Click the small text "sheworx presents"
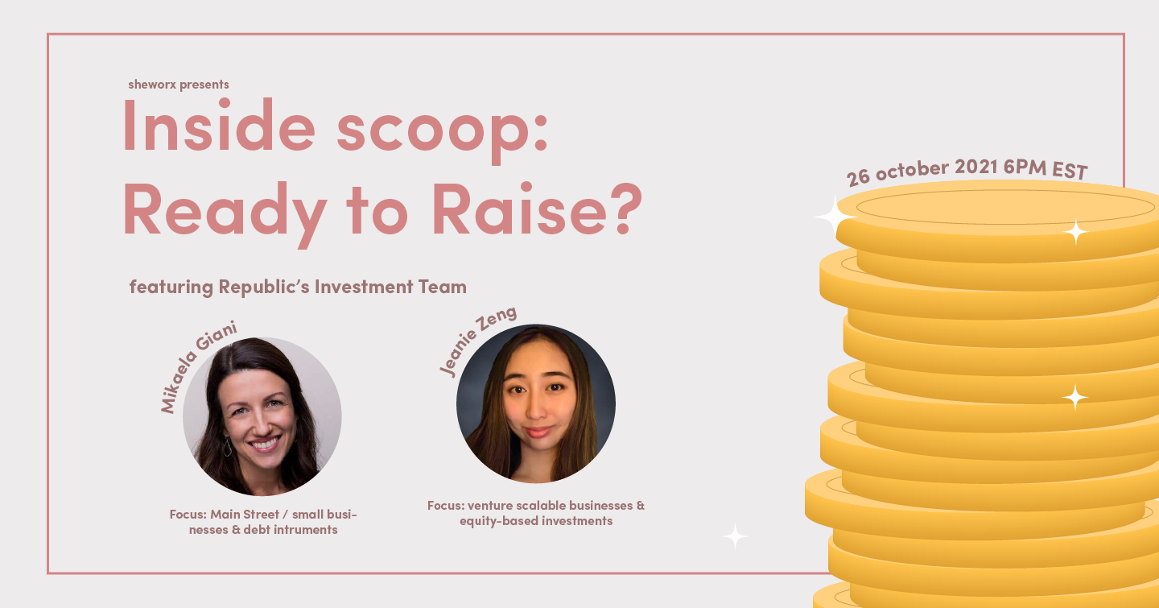coord(179,85)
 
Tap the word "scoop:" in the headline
coord(442,131)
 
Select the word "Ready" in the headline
coord(225,213)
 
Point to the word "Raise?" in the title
coord(537,209)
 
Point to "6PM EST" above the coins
coord(1046,169)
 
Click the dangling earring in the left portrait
coord(227,446)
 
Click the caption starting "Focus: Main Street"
coord(263,522)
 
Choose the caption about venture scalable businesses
coord(536,513)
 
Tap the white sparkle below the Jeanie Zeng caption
coord(735,536)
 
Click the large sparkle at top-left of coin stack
coord(834,216)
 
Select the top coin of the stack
coord(997,220)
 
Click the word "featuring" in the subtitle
coord(171,287)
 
